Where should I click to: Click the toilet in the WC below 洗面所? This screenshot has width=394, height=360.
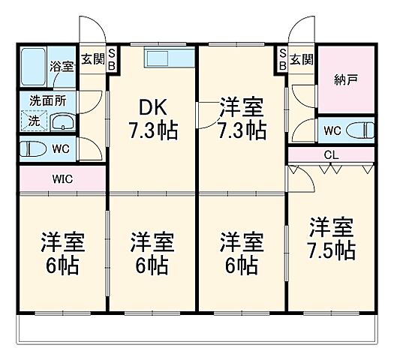tap(33, 148)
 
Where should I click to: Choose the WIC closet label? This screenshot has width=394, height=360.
tap(62, 179)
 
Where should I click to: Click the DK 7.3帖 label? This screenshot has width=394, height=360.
tap(153, 118)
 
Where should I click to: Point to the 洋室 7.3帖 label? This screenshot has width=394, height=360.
tap(240, 118)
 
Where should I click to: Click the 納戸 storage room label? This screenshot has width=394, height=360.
tap(347, 78)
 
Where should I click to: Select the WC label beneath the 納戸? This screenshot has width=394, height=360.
tap(331, 130)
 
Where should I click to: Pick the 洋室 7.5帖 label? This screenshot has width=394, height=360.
tap(331, 238)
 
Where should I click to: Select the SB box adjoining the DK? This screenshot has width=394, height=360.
tap(111, 59)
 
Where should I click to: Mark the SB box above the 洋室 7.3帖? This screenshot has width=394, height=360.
tap(282, 59)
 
